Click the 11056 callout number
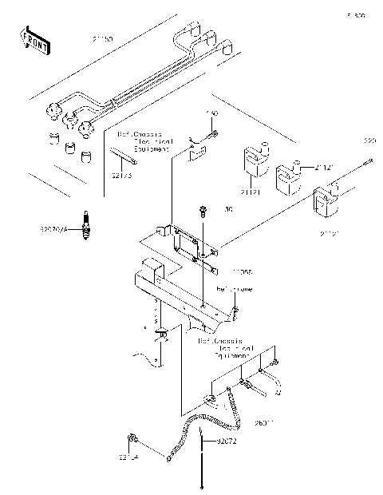pos(220,271)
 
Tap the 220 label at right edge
pos(369,141)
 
